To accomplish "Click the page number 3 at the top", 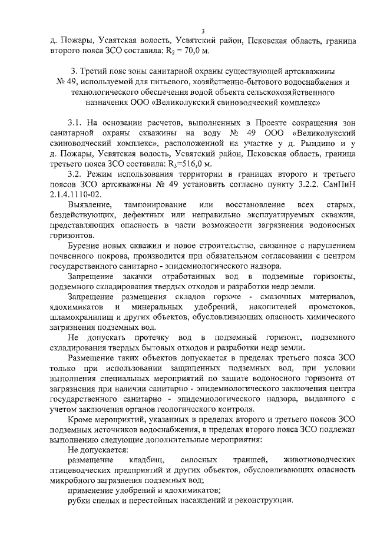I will click(202, 31).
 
